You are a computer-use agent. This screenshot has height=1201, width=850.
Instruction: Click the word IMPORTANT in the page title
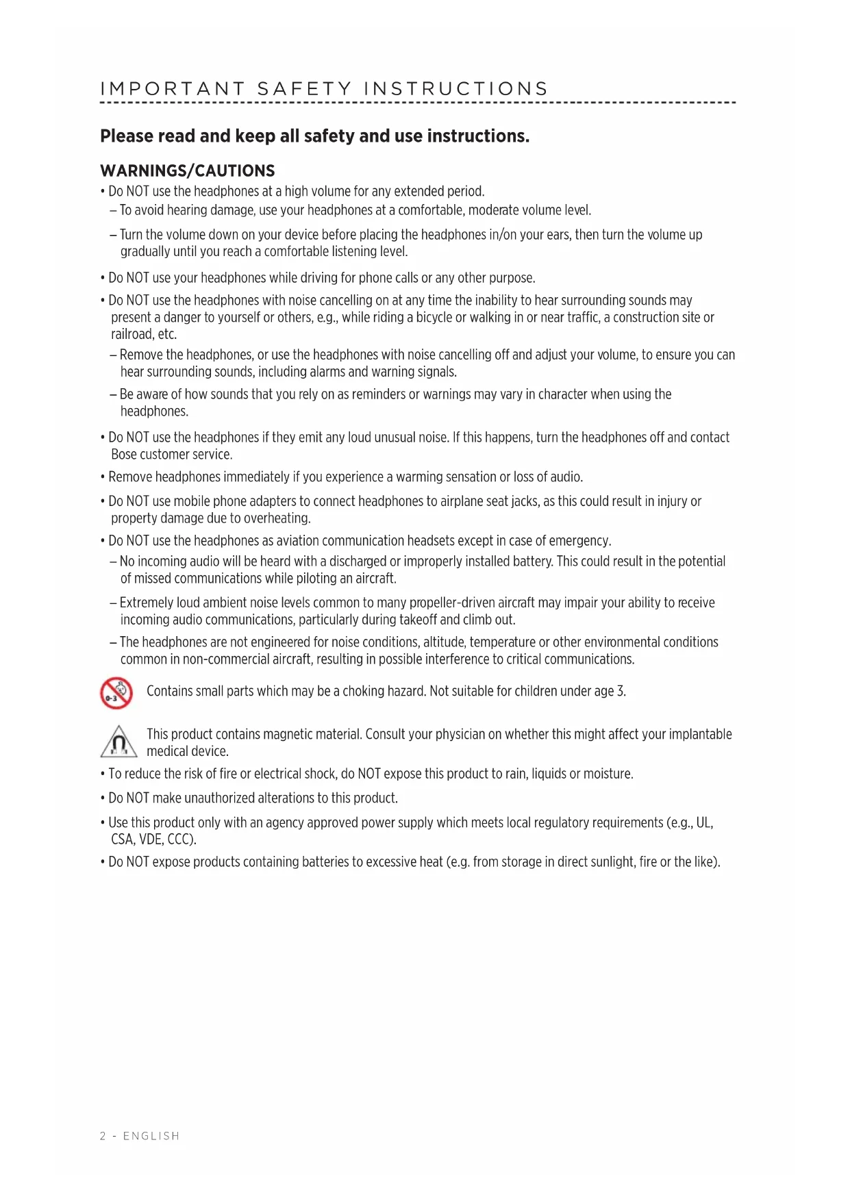coord(173,89)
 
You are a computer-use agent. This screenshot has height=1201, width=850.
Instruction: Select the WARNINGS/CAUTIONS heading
coord(188,171)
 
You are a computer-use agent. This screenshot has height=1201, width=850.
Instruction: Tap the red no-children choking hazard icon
coord(116,693)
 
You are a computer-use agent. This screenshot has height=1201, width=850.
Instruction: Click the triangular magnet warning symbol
coord(119,742)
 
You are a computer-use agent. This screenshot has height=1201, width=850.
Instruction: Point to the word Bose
coord(124,455)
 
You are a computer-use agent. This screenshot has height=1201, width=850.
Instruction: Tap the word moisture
coord(606,774)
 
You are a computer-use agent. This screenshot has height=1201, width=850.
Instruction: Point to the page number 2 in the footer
coord(103,1136)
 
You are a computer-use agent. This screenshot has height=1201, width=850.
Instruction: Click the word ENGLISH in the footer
coord(151,1136)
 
